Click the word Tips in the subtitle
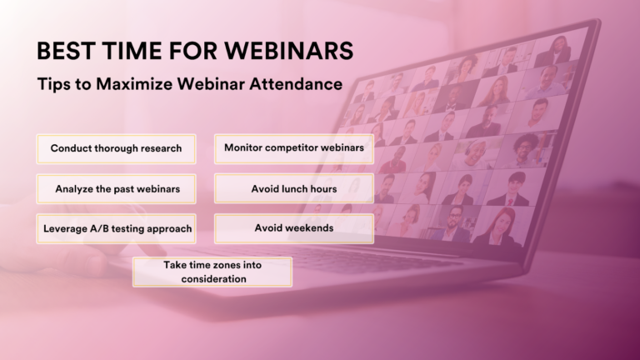click(x=52, y=84)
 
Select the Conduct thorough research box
click(x=116, y=149)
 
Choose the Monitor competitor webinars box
click(x=294, y=148)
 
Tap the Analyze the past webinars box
click(x=116, y=189)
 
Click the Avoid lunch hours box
click(x=294, y=189)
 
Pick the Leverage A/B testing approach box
click(x=116, y=228)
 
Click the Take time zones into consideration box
click(x=212, y=272)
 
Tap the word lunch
click(x=297, y=189)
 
